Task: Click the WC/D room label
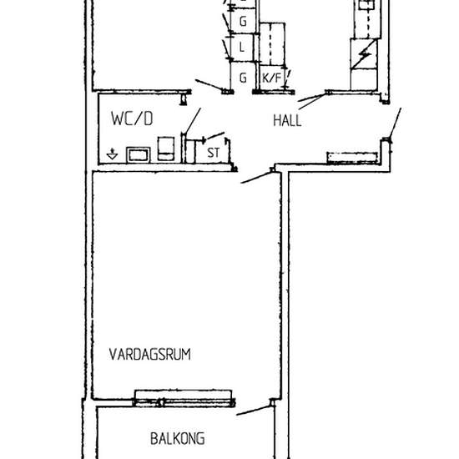(x=132, y=119)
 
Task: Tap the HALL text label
(x=287, y=120)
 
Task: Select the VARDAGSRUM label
(x=150, y=354)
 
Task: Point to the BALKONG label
(x=177, y=437)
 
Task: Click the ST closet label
(x=213, y=153)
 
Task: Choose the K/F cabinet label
(x=271, y=78)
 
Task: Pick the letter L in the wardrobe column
(x=242, y=48)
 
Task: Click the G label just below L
(x=243, y=78)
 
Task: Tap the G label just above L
(x=243, y=20)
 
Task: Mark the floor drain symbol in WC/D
(x=113, y=154)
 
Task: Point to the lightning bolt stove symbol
(x=363, y=57)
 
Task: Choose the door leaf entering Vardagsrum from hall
(x=257, y=177)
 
